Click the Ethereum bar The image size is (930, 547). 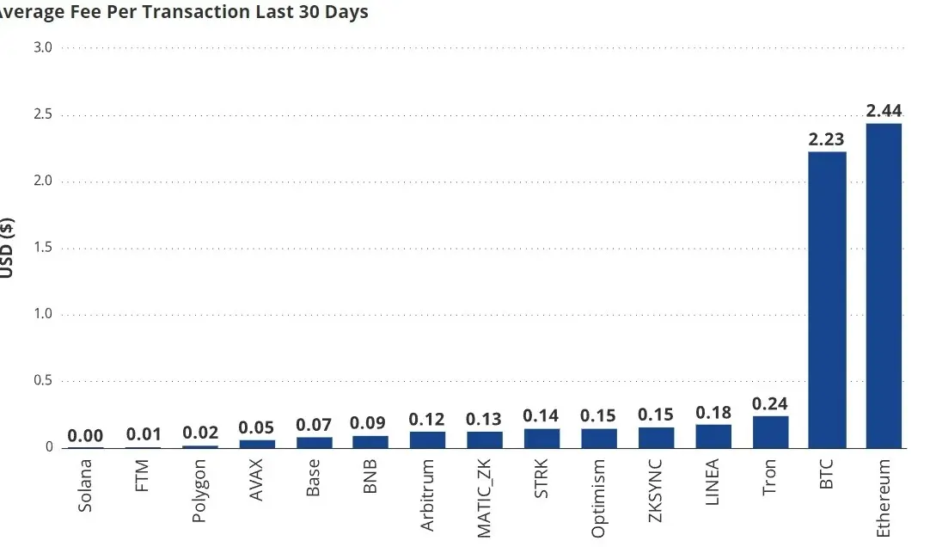[883, 286]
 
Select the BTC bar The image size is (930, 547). [827, 299]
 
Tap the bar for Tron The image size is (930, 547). [770, 432]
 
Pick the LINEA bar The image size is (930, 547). [713, 436]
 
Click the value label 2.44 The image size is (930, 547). [884, 110]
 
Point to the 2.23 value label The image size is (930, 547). [826, 138]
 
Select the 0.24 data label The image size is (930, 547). [770, 403]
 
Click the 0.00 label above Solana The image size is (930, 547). [85, 435]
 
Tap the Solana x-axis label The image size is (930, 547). [85, 485]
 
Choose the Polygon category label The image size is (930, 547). [199, 490]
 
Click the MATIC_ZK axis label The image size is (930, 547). [484, 498]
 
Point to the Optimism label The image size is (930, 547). [598, 498]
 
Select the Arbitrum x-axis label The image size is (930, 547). [427, 495]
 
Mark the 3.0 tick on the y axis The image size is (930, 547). [43, 46]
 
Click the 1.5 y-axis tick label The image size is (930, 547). [43, 247]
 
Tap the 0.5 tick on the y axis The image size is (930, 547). [43, 379]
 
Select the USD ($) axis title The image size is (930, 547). [7, 248]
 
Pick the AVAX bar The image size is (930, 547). [257, 444]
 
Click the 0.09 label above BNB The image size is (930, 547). [368, 422]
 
